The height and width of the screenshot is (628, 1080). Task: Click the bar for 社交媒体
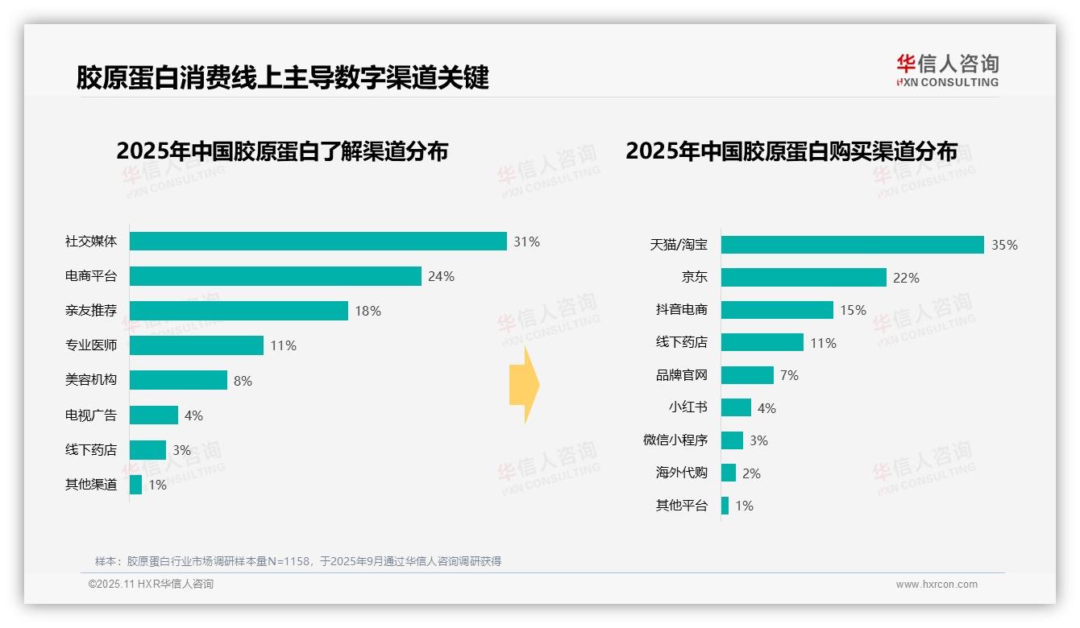(318, 242)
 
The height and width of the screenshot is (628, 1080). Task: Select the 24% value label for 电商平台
(441, 276)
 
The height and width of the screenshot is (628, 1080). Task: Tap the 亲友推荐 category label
(91, 311)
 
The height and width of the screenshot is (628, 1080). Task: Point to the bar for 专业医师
(196, 345)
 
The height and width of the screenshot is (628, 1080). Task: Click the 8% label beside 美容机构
(243, 381)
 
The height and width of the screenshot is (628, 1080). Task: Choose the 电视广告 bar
(153, 415)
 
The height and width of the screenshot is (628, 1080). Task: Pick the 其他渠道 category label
(91, 485)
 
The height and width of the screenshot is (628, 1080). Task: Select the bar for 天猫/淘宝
(852, 245)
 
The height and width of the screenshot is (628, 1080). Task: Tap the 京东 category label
(694, 277)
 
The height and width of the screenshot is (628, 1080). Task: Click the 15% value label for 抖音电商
(853, 310)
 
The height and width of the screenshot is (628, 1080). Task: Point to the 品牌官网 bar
(747, 375)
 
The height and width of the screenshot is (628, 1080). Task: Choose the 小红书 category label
(687, 407)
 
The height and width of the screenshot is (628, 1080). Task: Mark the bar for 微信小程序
(732, 440)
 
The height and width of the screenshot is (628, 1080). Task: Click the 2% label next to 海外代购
(751, 473)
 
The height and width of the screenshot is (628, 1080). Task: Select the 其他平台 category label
(681, 506)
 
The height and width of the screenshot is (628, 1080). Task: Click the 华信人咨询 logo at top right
(947, 70)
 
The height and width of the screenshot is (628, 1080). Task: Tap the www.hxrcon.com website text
(937, 585)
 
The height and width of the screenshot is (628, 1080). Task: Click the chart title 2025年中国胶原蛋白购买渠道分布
(791, 151)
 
